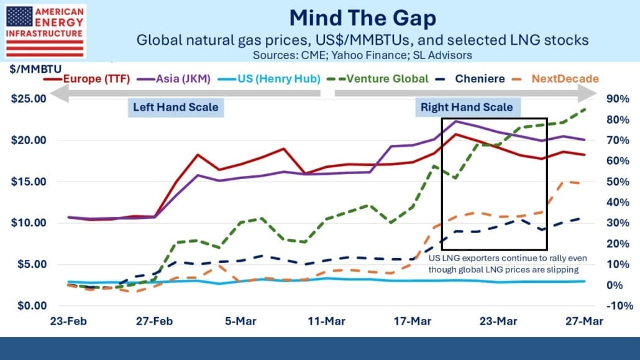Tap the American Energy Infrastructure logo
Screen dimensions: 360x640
coord(44,30)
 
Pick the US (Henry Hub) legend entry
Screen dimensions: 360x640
coord(274,78)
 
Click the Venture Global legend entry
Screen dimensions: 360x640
coord(379,78)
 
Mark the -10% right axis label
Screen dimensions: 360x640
coord(614,305)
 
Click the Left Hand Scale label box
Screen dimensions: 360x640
coord(176,107)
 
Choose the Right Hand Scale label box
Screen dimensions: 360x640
coord(467,107)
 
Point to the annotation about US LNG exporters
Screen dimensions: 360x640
coord(504,264)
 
